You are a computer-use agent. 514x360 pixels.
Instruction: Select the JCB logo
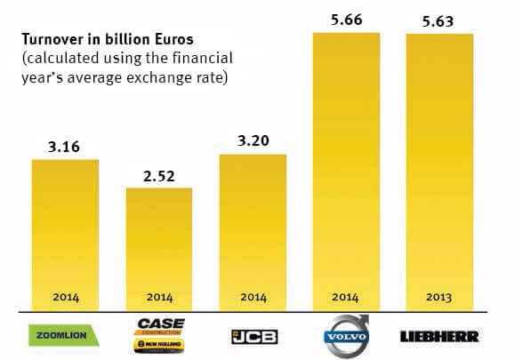[x=253, y=337]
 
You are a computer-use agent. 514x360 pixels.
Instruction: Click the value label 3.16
[x=65, y=147]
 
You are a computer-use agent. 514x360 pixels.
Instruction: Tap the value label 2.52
[x=159, y=175]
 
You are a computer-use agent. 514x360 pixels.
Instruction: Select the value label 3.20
[x=253, y=141]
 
